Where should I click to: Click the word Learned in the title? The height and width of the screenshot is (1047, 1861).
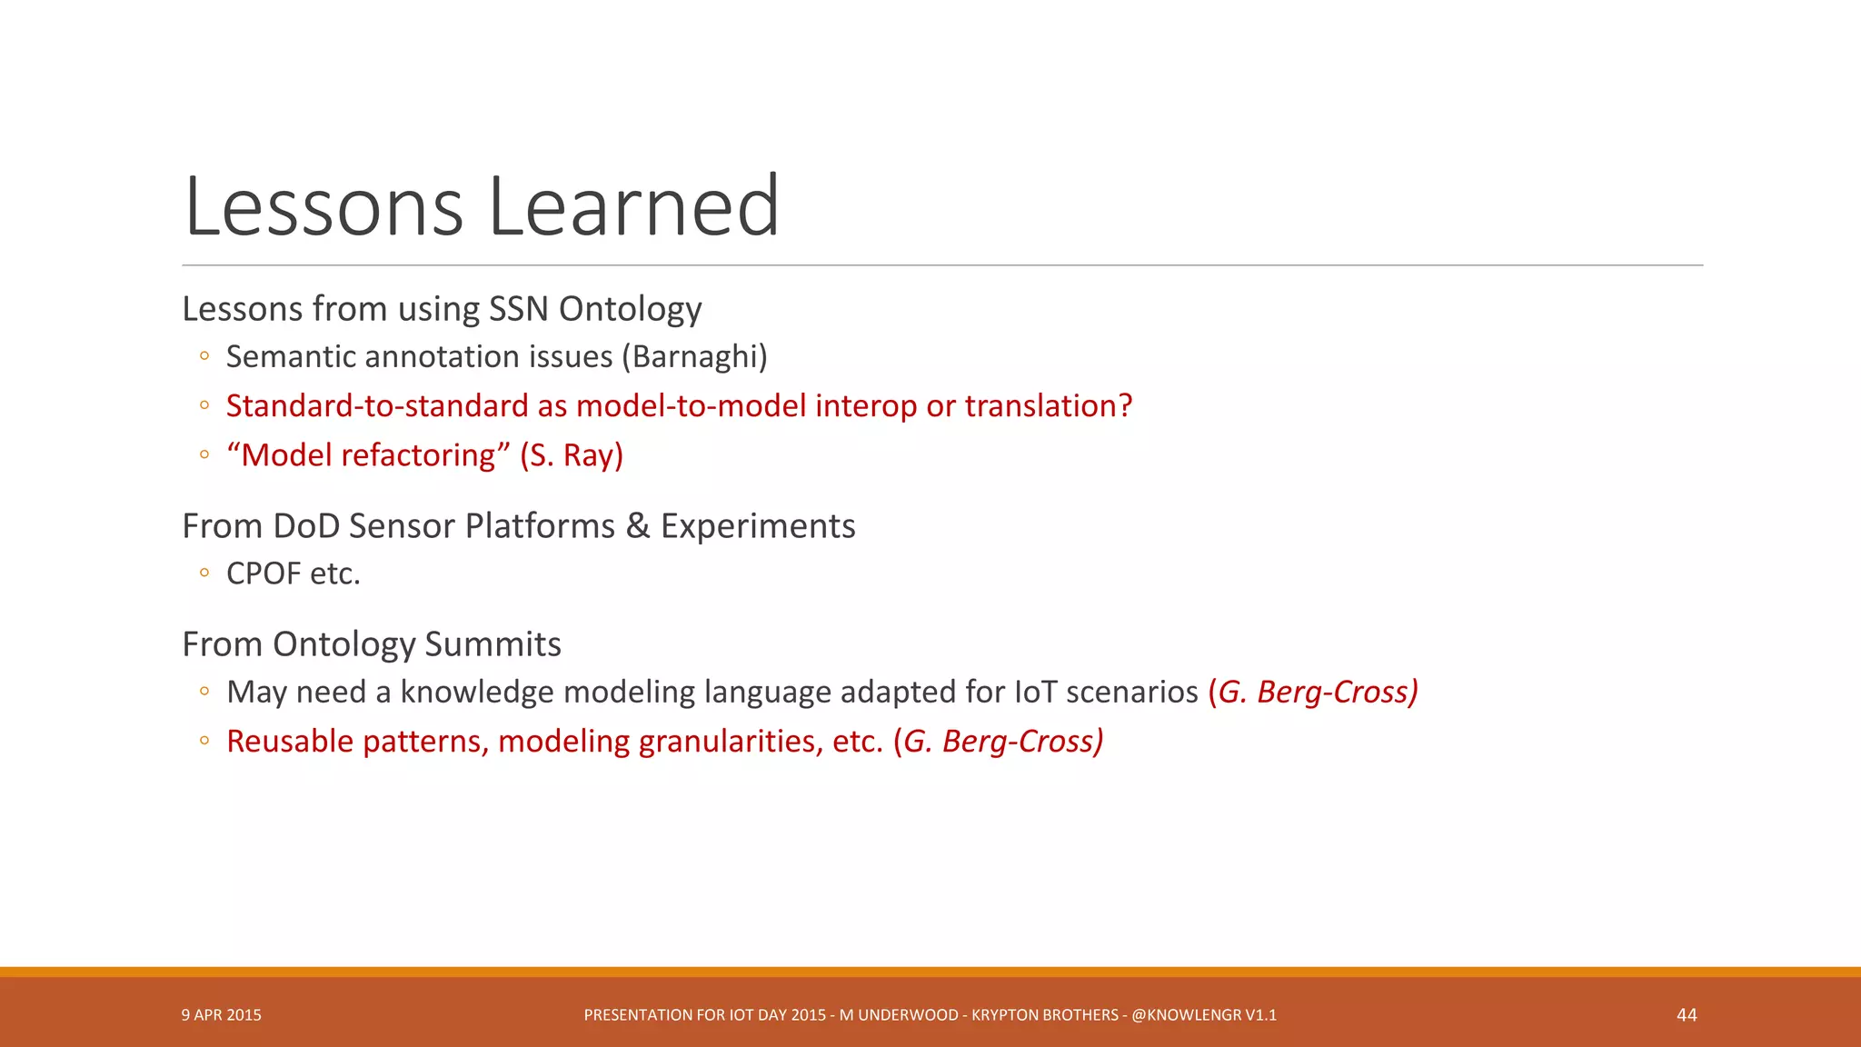pyautogui.click(x=633, y=207)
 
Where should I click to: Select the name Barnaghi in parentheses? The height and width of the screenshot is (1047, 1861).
pyautogui.click(x=694, y=357)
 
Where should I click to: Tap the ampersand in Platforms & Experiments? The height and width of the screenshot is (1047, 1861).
pyautogui.click(x=638, y=526)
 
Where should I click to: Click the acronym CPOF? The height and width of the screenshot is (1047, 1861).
pyautogui.click(x=264, y=574)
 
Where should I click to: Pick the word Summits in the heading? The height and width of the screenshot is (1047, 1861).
pyautogui.click(x=493, y=644)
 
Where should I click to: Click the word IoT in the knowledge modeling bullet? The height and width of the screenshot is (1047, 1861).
pyautogui.click(x=1036, y=693)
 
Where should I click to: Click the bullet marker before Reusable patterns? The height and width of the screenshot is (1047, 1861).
pyautogui.click(x=204, y=742)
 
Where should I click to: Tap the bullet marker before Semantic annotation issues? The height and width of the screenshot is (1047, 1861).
pyautogui.click(x=204, y=357)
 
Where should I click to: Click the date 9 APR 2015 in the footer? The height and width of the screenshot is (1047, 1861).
pyautogui.click(x=221, y=1015)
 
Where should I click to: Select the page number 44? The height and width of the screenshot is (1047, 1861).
pyautogui.click(x=1687, y=1015)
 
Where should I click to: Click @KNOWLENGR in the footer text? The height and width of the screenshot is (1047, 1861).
pyautogui.click(x=1186, y=1015)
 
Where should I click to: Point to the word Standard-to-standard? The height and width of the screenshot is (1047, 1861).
pyautogui.click(x=377, y=406)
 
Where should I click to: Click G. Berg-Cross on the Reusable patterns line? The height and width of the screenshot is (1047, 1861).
pyautogui.click(x=999, y=742)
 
